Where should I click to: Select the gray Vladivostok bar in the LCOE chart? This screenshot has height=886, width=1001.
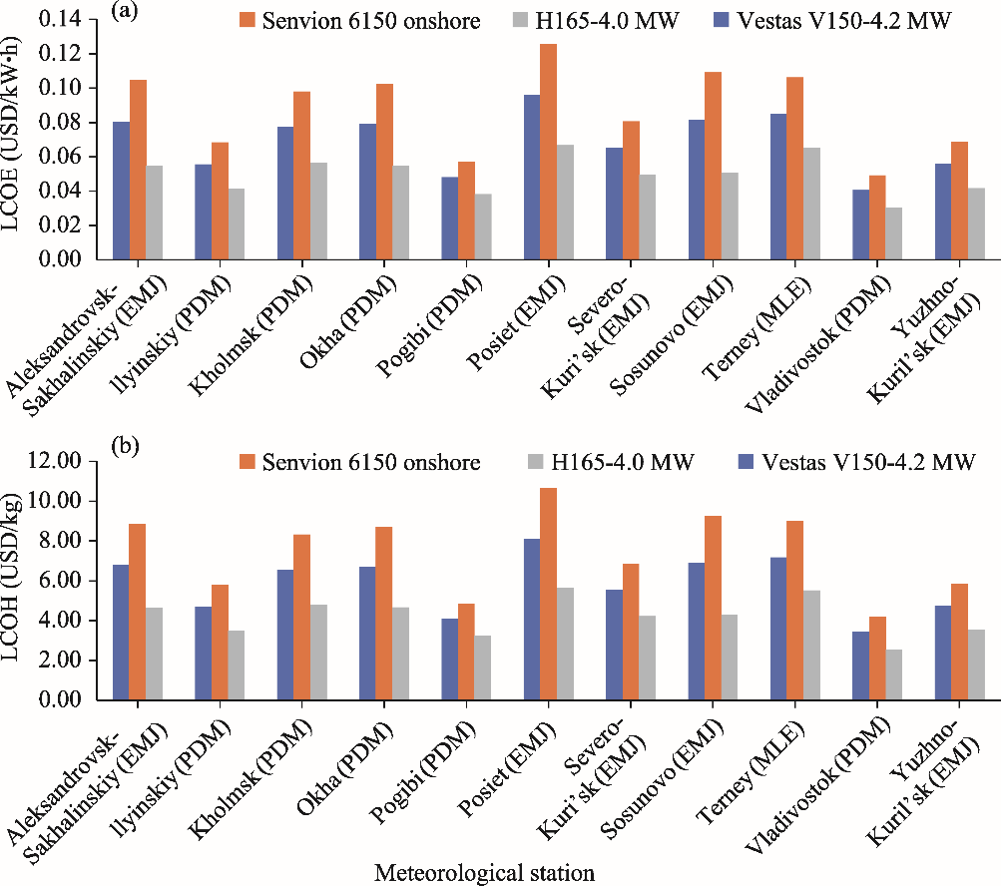click(894, 233)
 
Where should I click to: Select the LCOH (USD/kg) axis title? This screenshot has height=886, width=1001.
click(15, 581)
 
